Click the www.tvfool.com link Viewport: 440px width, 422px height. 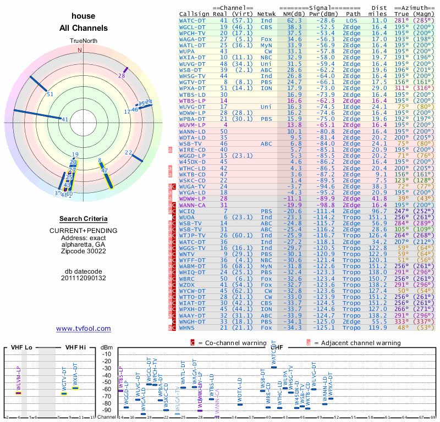(x=83, y=329)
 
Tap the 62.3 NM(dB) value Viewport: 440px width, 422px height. (x=294, y=20)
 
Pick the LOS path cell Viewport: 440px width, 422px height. (x=353, y=20)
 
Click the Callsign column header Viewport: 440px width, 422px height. (x=195, y=13)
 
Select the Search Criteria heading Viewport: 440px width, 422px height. (x=84, y=219)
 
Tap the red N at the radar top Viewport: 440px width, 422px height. (x=80, y=50)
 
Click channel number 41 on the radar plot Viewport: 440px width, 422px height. (x=65, y=119)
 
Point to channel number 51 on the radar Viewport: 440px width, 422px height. (x=50, y=94)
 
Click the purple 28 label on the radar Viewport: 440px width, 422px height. (x=122, y=76)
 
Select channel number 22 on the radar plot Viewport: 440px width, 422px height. (x=128, y=152)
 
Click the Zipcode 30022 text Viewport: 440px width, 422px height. (x=84, y=251)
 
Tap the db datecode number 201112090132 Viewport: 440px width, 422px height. (x=84, y=278)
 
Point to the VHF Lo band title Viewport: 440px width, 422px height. (x=21, y=347)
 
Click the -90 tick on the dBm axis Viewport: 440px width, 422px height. (x=107, y=410)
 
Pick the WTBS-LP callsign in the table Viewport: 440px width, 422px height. (x=192, y=101)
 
